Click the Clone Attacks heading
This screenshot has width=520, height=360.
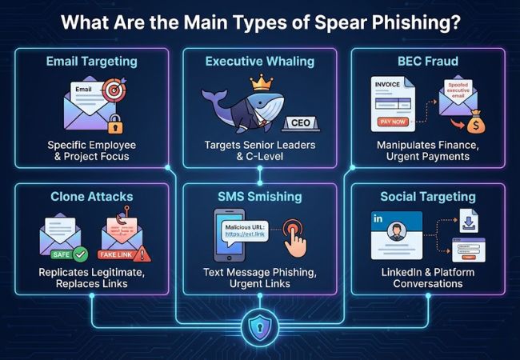tap(90, 196)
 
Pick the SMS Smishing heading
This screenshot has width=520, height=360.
tap(259, 196)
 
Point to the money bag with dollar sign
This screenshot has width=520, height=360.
tap(476, 125)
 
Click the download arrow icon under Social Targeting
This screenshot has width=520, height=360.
tap(468, 218)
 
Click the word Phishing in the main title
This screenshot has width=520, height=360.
tap(417, 22)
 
